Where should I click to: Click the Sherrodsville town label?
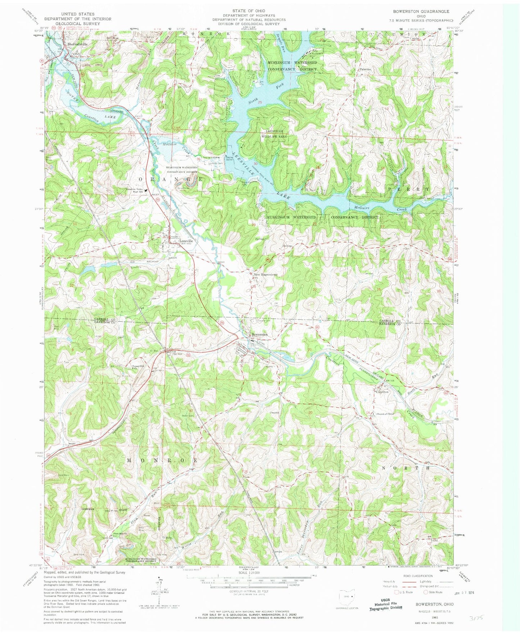pyautogui.click(x=78, y=44)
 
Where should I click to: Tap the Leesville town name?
pyautogui.click(x=184, y=241)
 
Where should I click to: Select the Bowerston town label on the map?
pyautogui.click(x=259, y=334)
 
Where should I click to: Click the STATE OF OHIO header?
pyautogui.click(x=249, y=11)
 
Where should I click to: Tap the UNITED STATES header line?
pyautogui.click(x=78, y=14)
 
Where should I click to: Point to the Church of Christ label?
pyautogui.click(x=385, y=414)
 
